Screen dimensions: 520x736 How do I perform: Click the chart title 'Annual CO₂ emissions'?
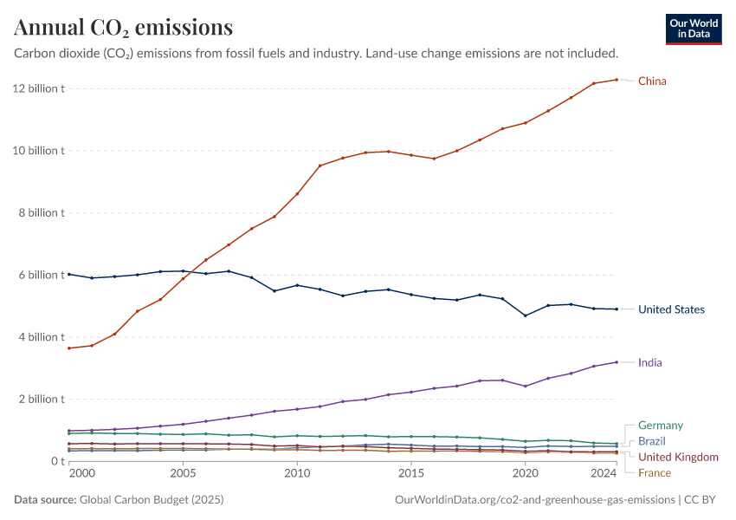[x=123, y=28]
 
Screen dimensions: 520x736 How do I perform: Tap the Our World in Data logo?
[x=693, y=29]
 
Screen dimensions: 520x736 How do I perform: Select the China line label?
[x=652, y=81]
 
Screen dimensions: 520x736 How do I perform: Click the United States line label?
[x=671, y=309]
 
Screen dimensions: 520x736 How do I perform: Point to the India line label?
[x=649, y=362]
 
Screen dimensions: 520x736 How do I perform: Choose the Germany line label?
[x=660, y=426]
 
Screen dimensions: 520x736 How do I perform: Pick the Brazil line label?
[x=651, y=441]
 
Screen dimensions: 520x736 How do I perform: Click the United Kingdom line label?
[x=678, y=457]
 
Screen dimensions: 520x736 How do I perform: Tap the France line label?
[x=654, y=472]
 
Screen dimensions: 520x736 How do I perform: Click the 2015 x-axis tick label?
[x=411, y=474]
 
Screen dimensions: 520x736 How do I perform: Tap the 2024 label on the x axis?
[x=604, y=474]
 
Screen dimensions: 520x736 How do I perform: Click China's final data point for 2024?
[x=617, y=80]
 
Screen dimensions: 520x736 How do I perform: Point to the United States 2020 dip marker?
[x=526, y=315]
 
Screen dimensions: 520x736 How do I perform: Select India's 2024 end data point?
[x=617, y=362]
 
